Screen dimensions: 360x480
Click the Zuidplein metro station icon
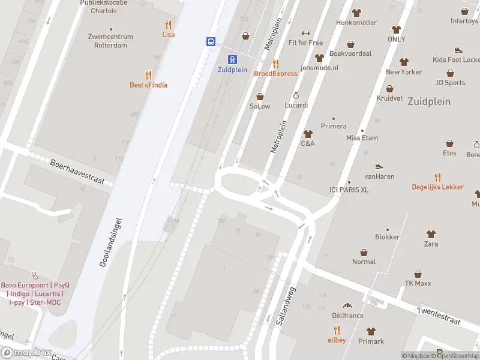click(232, 59)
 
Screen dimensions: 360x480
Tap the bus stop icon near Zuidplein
click(211, 42)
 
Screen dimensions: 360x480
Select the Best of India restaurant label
click(148, 85)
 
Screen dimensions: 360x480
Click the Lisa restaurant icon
click(169, 25)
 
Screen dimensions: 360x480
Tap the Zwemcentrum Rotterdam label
click(110, 40)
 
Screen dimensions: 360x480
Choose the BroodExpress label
click(275, 73)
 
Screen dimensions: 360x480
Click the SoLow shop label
click(260, 106)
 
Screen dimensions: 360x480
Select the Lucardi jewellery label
click(296, 105)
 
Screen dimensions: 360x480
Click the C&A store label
click(308, 143)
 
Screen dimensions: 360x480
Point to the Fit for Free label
click(305, 43)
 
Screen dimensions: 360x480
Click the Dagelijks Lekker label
click(437, 187)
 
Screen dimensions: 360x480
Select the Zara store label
click(431, 244)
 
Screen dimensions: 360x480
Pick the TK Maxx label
click(419, 283)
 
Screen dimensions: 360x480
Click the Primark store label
click(371, 341)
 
